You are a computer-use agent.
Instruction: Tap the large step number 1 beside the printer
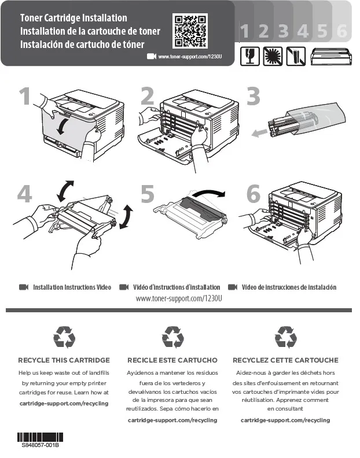(x=23, y=97)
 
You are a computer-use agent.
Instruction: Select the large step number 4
(x=23, y=194)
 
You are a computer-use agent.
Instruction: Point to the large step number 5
(x=148, y=194)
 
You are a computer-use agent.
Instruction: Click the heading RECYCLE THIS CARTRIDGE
(x=64, y=360)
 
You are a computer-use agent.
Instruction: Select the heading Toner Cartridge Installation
(x=74, y=18)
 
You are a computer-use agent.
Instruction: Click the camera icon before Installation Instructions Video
(x=24, y=287)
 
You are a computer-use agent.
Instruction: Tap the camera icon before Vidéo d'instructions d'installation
(x=123, y=287)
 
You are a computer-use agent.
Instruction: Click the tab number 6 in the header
(x=341, y=31)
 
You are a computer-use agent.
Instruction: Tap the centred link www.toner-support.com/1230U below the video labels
(x=179, y=298)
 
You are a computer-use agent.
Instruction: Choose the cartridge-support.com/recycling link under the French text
(x=285, y=420)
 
